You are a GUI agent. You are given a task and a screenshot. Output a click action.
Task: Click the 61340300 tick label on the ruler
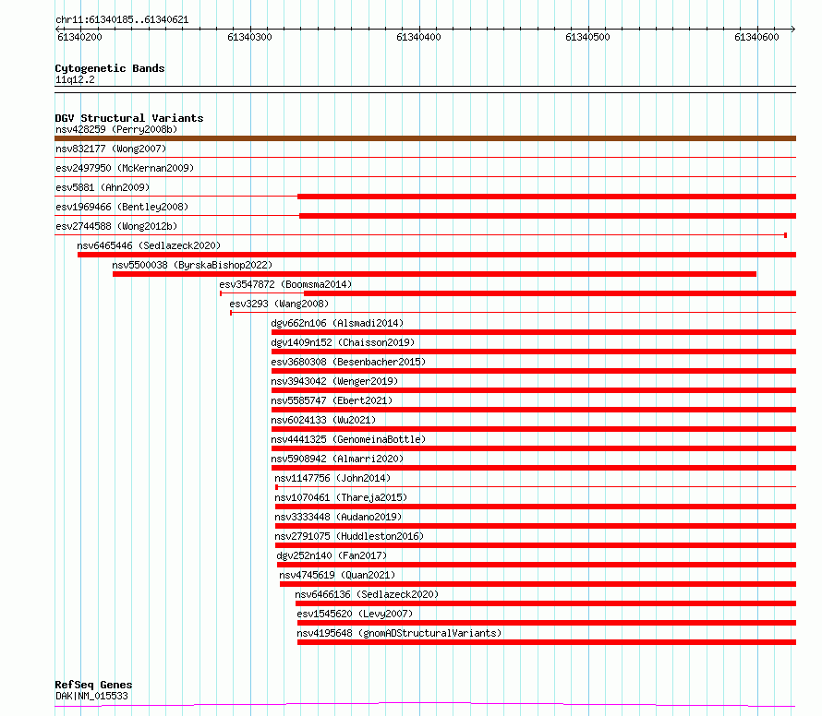click(x=249, y=37)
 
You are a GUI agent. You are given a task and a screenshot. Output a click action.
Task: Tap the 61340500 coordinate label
click(x=587, y=37)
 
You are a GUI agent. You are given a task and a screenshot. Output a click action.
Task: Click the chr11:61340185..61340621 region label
click(x=122, y=20)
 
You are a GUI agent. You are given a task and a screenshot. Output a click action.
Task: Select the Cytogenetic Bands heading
click(x=110, y=68)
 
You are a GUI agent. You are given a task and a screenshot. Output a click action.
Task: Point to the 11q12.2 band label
click(x=75, y=79)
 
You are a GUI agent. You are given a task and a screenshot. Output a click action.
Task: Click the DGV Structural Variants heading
click(x=129, y=118)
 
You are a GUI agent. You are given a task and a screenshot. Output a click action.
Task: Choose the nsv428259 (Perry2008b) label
click(x=116, y=129)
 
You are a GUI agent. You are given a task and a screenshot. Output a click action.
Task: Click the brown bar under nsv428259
click(x=425, y=138)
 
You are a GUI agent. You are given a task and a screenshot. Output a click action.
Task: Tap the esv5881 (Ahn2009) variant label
click(x=103, y=187)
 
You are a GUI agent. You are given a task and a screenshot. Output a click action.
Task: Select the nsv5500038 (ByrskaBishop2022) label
click(x=192, y=265)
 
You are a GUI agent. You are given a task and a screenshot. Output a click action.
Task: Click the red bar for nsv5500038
click(x=435, y=274)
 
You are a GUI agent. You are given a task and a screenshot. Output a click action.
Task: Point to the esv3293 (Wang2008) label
click(x=279, y=304)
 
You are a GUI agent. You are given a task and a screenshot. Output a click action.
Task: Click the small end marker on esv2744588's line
click(x=785, y=235)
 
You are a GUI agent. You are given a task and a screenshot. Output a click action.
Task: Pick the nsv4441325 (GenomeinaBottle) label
click(x=348, y=439)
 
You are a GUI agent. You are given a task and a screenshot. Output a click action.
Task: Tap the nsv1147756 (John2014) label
click(x=332, y=478)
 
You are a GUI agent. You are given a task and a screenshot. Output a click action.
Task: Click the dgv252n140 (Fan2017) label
click(x=332, y=555)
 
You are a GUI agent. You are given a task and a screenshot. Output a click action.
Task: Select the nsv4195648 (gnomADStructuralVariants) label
click(x=400, y=633)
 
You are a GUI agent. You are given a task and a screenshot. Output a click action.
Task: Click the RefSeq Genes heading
click(x=93, y=685)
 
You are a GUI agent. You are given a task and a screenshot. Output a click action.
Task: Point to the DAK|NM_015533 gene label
click(x=91, y=696)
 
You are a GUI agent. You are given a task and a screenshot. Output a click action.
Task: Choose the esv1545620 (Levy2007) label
click(x=355, y=614)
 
